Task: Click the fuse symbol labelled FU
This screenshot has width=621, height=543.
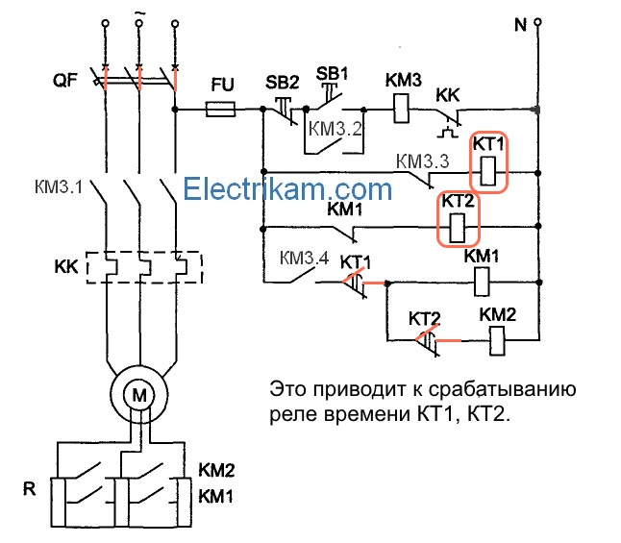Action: tap(223, 111)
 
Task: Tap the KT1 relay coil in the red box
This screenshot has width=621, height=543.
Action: tap(488, 171)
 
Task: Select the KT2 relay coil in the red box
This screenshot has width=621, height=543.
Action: tap(459, 228)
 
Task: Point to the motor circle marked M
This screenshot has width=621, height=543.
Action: tap(139, 393)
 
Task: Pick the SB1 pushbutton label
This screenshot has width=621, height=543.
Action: tap(332, 73)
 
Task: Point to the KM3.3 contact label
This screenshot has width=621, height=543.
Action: tap(422, 160)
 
